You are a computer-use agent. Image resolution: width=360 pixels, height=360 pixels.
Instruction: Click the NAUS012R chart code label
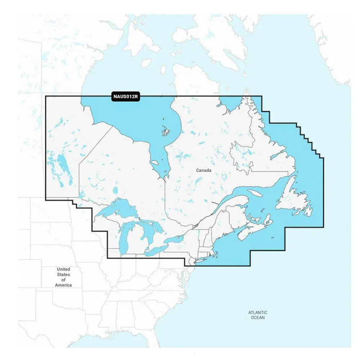(125, 96)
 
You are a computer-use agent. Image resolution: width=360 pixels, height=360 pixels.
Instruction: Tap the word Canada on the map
(204, 170)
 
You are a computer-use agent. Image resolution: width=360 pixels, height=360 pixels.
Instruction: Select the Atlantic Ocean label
(257, 315)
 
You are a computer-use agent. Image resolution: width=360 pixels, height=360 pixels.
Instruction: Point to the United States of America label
(63, 277)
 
